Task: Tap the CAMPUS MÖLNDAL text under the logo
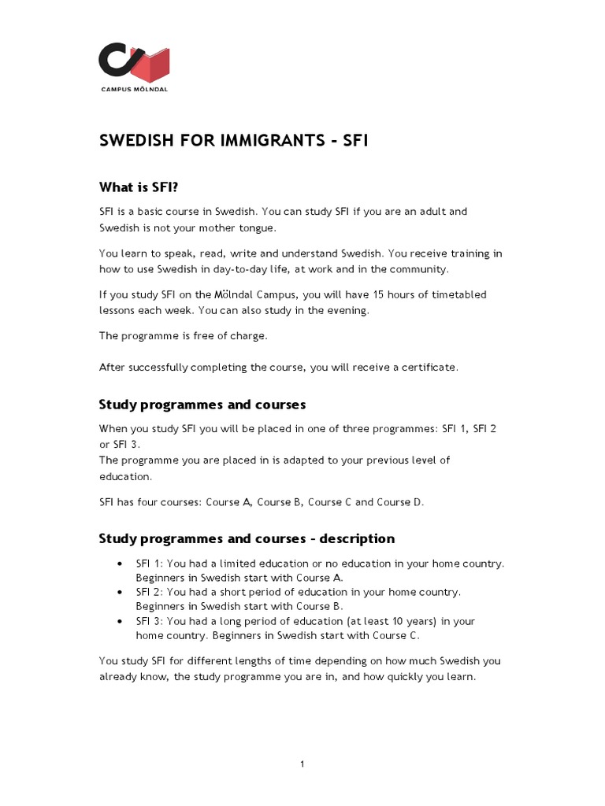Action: tap(134, 89)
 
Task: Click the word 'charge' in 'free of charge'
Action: tap(247, 335)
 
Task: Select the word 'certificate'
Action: tap(429, 367)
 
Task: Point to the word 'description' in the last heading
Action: tap(355, 539)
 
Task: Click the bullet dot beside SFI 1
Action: tap(119, 564)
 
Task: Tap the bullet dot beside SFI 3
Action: tap(119, 621)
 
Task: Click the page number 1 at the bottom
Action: tap(302, 764)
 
